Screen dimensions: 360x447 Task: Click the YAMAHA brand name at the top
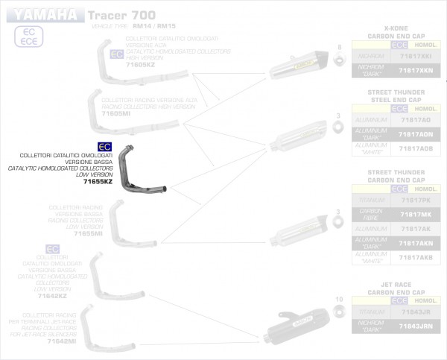pos(44,15)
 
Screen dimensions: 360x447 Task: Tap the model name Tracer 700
pos(112,15)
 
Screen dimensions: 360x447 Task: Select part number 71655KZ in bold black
pos(98,182)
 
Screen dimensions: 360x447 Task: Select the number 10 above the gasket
pos(339,299)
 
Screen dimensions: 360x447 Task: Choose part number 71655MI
pos(89,233)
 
